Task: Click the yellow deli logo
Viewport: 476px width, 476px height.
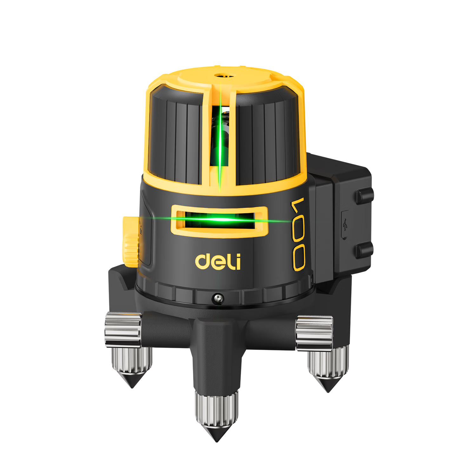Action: point(218,262)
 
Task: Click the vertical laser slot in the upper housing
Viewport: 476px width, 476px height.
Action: point(220,136)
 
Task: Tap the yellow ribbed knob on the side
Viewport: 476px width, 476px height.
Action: point(131,241)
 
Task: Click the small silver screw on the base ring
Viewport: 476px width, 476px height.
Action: point(218,298)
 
